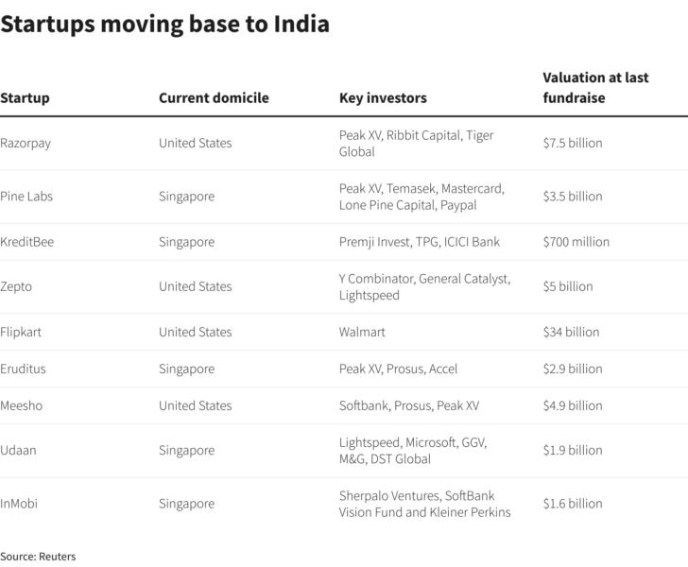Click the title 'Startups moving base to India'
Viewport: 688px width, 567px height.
pyautogui.click(x=164, y=25)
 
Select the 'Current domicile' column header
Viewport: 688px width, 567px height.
pyautogui.click(x=214, y=97)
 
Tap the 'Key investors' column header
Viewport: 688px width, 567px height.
pyautogui.click(x=383, y=97)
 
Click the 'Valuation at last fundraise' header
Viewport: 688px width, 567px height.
pyautogui.click(x=595, y=87)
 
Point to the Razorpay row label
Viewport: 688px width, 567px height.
pyautogui.click(x=26, y=143)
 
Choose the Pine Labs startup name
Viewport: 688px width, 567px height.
pyautogui.click(x=26, y=196)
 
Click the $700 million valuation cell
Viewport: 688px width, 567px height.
pyautogui.click(x=576, y=241)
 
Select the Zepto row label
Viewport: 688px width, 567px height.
pyautogui.click(x=16, y=285)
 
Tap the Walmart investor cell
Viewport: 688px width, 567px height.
pyautogui.click(x=362, y=332)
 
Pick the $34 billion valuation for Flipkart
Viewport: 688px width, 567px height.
pyautogui.click(x=571, y=332)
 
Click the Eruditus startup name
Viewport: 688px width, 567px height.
pyautogui.click(x=22, y=369)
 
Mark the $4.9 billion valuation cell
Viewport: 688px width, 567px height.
pyautogui.click(x=572, y=405)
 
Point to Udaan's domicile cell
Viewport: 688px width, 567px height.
pyautogui.click(x=186, y=450)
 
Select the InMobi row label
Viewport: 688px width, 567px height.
pyautogui.click(x=20, y=504)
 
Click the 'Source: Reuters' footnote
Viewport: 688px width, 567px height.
pyautogui.click(x=38, y=557)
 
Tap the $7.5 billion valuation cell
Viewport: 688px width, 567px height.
pyautogui.click(x=572, y=143)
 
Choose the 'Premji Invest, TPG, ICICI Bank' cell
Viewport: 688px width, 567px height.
pyautogui.click(x=420, y=241)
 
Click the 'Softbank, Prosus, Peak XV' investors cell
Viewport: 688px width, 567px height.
pyautogui.click(x=409, y=405)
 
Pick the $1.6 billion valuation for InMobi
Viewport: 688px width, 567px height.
pyautogui.click(x=572, y=504)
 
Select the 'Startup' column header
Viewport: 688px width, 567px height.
pyautogui.click(x=25, y=97)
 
